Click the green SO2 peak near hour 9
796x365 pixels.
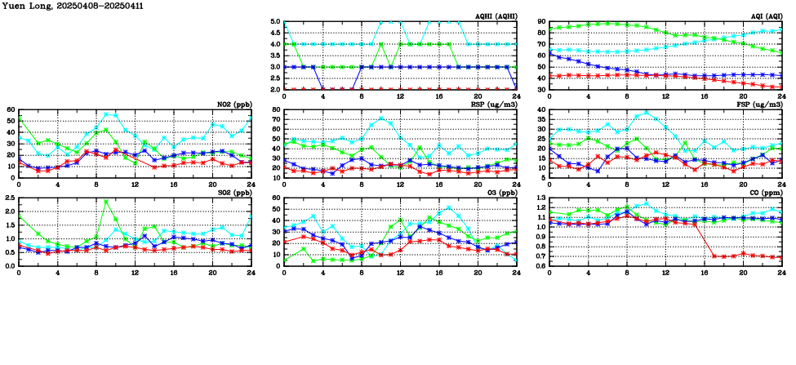point(106,202)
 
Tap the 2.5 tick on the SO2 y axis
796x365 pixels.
point(9,198)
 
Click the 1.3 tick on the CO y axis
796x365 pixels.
point(540,198)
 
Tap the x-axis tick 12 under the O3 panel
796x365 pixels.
point(400,273)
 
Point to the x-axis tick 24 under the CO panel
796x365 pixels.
point(780,273)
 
